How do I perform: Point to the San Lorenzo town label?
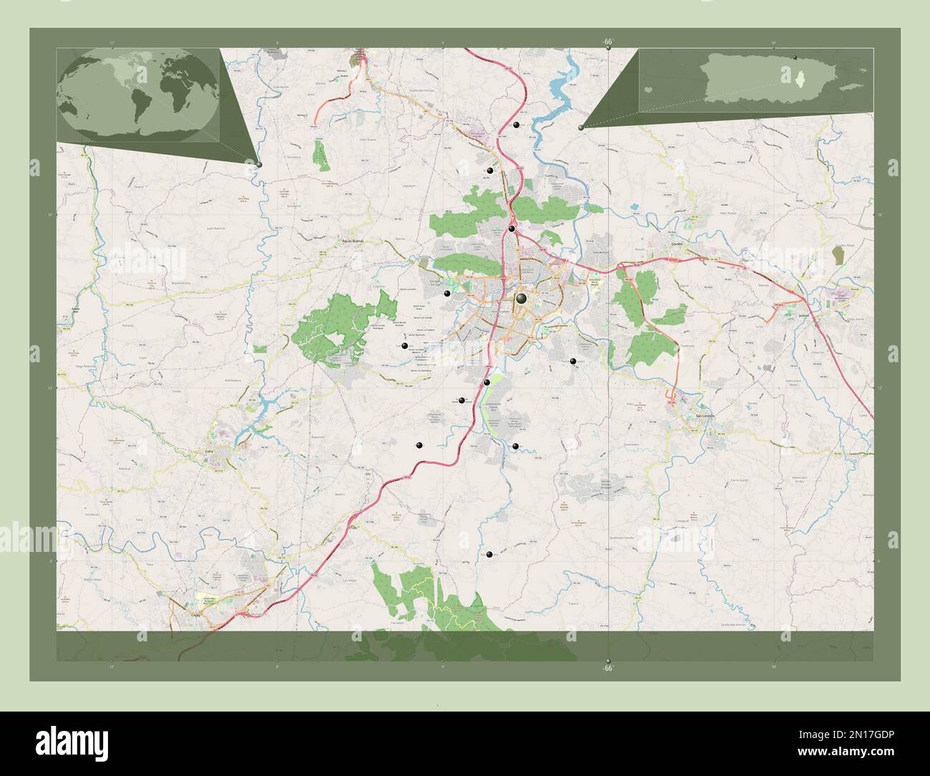click(704, 417)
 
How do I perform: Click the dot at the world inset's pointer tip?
click(259, 165)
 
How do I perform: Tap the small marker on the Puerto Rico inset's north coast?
click(795, 57)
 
